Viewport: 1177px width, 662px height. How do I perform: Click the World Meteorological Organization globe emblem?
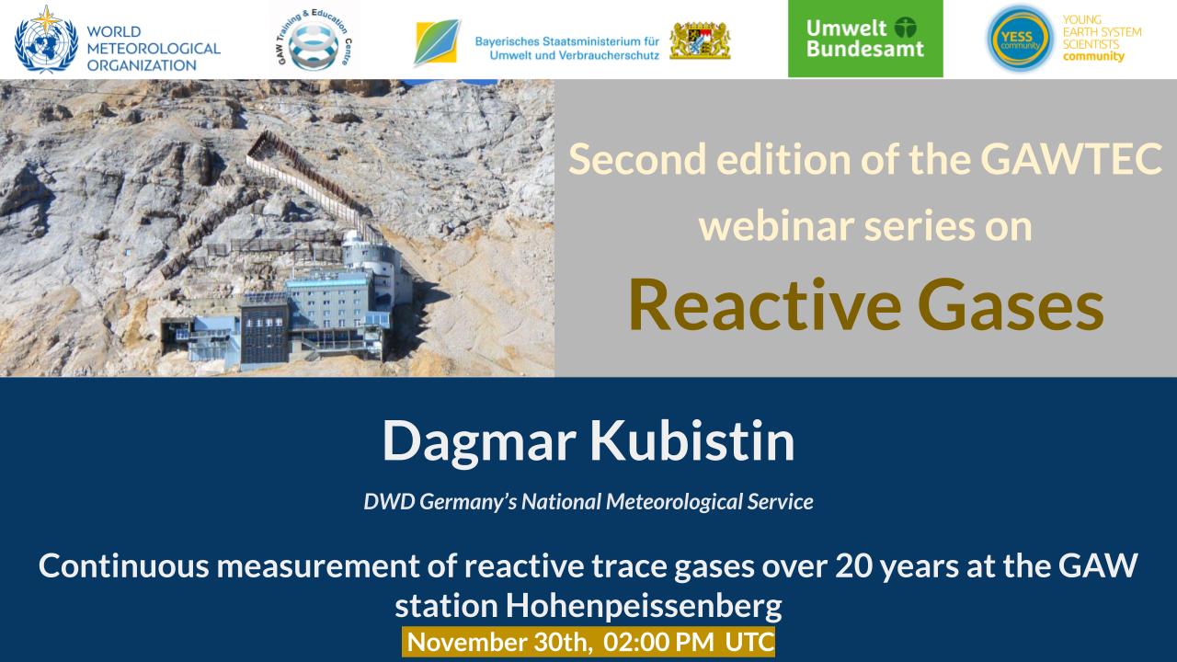click(46, 40)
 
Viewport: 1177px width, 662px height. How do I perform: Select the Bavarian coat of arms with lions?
click(700, 40)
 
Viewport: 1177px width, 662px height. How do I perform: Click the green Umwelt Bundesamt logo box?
click(865, 39)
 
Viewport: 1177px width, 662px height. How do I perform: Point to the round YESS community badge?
click(1020, 39)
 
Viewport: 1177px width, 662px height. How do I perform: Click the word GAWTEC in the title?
click(1071, 159)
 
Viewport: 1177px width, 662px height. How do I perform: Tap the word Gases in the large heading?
click(1011, 306)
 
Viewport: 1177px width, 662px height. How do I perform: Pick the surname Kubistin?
click(692, 440)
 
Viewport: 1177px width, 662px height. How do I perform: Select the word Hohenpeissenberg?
click(644, 606)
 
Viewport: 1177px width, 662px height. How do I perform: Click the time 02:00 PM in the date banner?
click(658, 642)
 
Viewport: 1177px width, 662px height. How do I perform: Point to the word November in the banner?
click(466, 642)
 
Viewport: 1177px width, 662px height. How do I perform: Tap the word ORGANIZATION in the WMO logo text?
click(142, 65)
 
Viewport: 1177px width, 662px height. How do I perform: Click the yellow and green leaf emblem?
click(437, 42)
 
